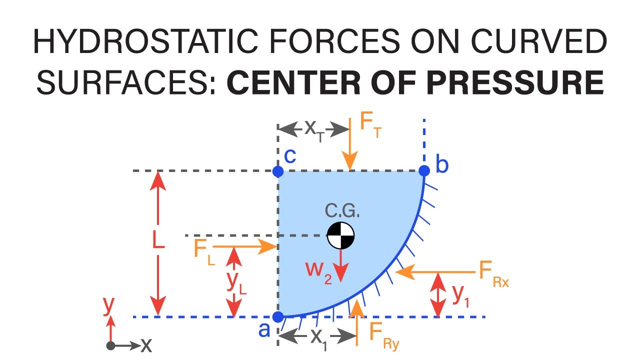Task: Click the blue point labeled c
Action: pyautogui.click(x=278, y=171)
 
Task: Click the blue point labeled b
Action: pyautogui.click(x=424, y=171)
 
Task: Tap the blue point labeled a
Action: pyautogui.click(x=278, y=316)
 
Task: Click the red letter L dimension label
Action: pyautogui.click(x=158, y=241)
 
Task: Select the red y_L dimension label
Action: pyautogui.click(x=235, y=283)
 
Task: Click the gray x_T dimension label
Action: pyautogui.click(x=314, y=129)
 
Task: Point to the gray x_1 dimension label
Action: pyautogui.click(x=318, y=338)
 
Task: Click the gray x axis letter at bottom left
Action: pyautogui.click(x=146, y=344)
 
